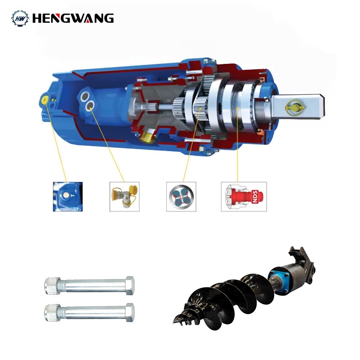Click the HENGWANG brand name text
coord(73,18)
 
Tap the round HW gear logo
coord(20,18)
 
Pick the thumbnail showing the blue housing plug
coord(68,196)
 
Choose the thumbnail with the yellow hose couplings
coord(124,196)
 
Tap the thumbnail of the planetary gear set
coord(181,196)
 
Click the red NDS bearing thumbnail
coord(244,196)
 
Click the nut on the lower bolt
coord(52,312)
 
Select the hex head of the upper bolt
coord(130,285)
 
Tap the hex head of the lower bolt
coord(130,312)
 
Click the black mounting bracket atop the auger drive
coord(301,256)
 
